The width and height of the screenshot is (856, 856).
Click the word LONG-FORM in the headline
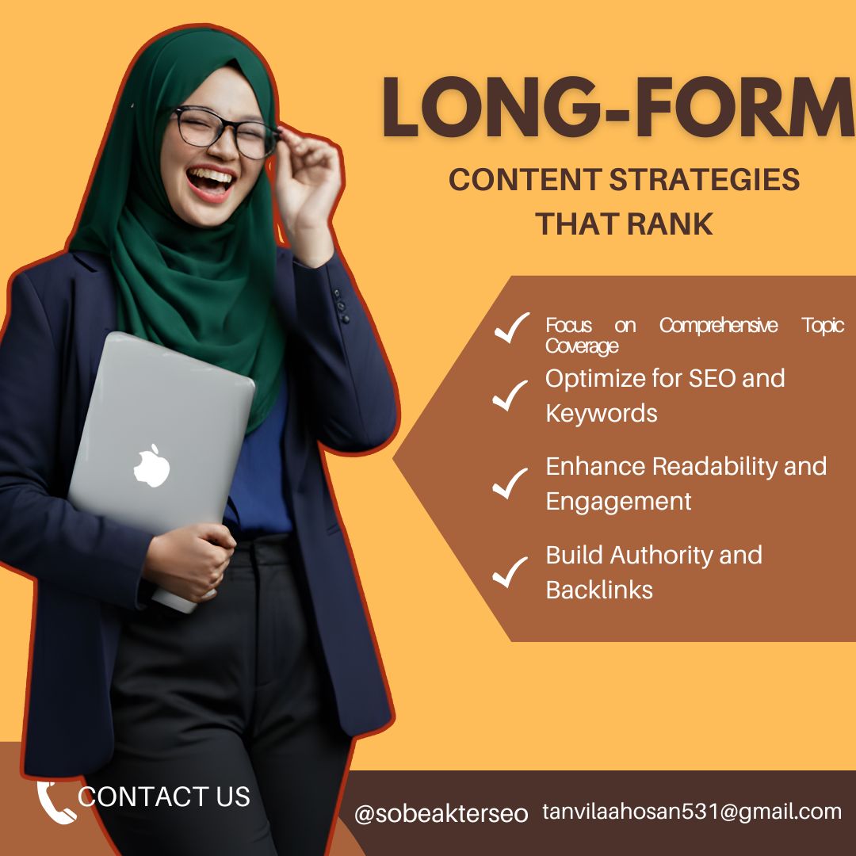click(619, 109)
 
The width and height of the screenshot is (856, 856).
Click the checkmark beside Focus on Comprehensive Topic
click(511, 327)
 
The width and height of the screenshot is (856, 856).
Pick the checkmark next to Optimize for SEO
click(510, 395)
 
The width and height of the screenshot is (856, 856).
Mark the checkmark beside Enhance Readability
click(510, 483)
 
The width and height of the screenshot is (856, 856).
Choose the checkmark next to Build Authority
click(510, 571)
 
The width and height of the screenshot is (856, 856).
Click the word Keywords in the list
click(602, 413)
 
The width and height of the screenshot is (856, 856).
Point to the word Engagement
click(618, 501)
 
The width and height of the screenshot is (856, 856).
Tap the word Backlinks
click(599, 590)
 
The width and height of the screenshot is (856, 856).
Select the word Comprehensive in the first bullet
click(719, 326)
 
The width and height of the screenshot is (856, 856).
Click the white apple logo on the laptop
click(152, 464)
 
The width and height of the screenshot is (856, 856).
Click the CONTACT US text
click(164, 796)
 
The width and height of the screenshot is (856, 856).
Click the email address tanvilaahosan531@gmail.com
click(692, 812)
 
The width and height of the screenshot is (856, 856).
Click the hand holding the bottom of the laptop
click(190, 560)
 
